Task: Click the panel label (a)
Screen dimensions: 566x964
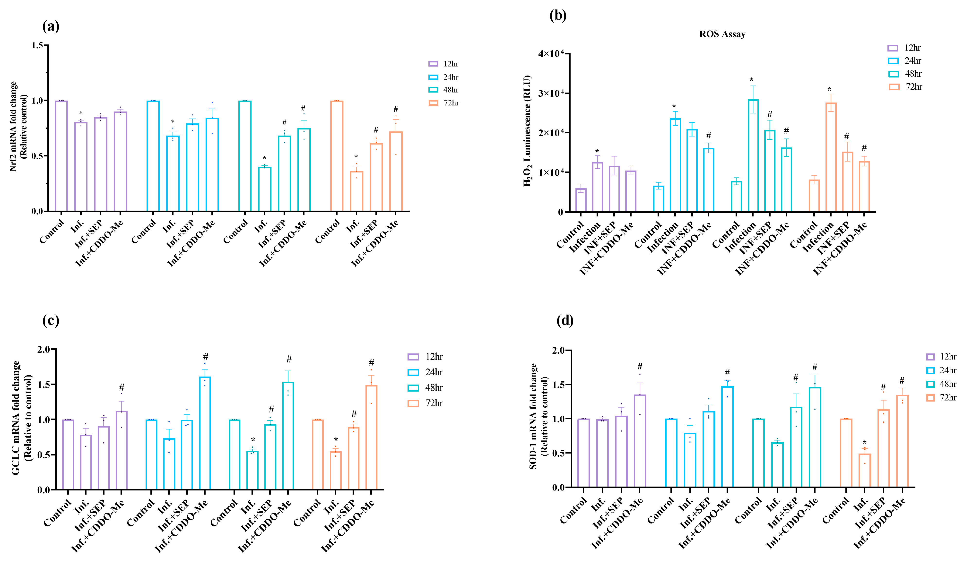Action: [51, 26]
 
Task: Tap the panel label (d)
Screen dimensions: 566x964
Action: [565, 320]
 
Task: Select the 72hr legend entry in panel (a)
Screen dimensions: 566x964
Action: [444, 103]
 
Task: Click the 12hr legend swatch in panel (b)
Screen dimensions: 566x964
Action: [893, 48]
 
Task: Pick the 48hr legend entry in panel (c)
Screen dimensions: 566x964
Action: [426, 388]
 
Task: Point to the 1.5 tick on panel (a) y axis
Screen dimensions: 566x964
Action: [37, 45]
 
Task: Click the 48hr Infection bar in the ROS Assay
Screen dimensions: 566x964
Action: [753, 156]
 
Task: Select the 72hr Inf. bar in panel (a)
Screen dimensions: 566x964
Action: [356, 191]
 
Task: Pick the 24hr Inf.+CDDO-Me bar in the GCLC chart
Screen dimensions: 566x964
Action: [205, 433]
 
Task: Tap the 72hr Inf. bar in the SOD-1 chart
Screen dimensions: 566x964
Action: [865, 470]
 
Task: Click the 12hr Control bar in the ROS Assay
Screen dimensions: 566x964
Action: [581, 200]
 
